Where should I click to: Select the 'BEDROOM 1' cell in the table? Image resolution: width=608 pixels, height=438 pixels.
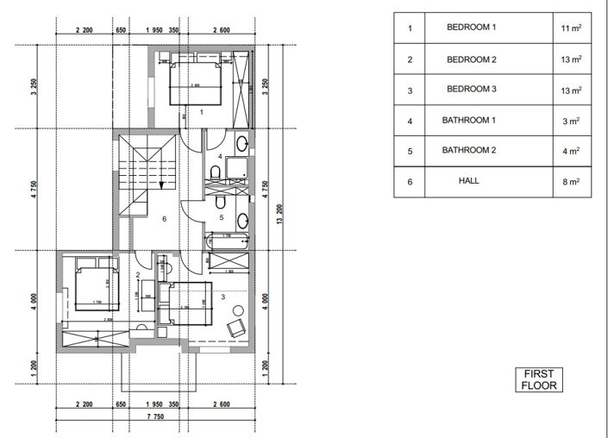471,28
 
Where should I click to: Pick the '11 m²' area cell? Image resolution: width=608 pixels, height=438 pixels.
571,28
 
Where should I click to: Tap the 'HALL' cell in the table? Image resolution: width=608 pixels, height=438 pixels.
470,181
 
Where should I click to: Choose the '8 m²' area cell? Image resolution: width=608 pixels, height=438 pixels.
571,182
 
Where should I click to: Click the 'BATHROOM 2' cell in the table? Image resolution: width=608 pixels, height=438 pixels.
471,151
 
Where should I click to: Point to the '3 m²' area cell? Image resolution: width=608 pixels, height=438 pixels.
571,121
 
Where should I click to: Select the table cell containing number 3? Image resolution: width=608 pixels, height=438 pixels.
410,91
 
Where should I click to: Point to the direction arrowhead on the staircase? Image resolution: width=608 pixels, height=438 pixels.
161,184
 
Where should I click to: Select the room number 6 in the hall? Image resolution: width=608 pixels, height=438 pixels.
164,218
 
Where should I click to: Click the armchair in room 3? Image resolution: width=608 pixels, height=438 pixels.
235,328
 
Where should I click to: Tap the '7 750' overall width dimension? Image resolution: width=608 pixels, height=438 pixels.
156,417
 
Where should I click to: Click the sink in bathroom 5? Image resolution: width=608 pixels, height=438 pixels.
243,218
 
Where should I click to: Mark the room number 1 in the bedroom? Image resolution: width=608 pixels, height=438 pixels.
200,111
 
